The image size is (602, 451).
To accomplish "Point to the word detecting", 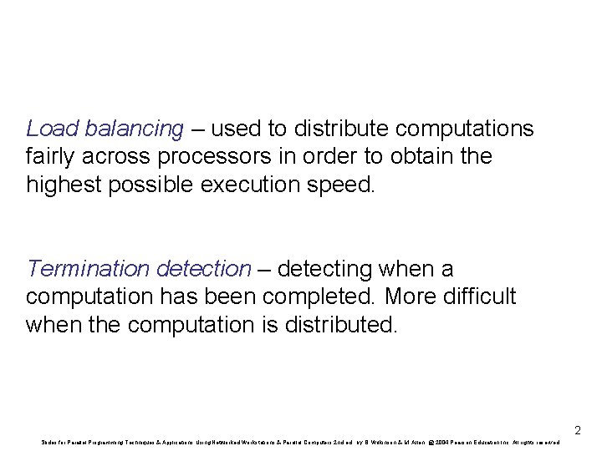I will (x=325, y=269).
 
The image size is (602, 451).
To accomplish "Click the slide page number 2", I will (x=577, y=431).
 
